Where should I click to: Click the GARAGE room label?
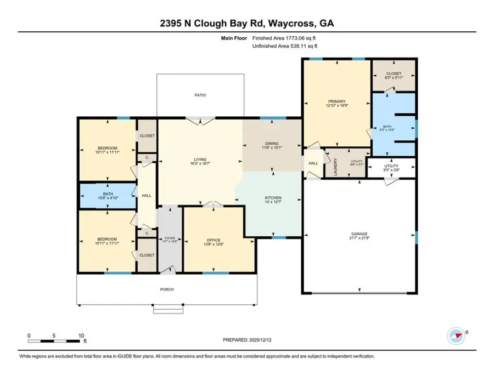pyautogui.click(x=359, y=234)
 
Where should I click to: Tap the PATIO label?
pyautogui.click(x=200, y=95)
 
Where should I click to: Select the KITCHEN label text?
pyautogui.click(x=273, y=197)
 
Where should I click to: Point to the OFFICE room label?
pyautogui.click(x=214, y=240)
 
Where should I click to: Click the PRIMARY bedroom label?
pyautogui.click(x=336, y=101)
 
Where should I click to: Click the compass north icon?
pyautogui.click(x=456, y=333)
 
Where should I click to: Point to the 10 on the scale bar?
pyautogui.click(x=81, y=335)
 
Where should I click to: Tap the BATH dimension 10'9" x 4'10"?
pyautogui.click(x=107, y=198)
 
